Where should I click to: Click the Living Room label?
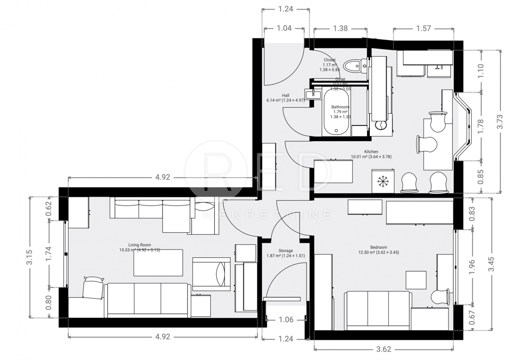point(139,245)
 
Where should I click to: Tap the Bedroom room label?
point(378,247)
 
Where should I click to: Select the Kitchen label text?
point(371,152)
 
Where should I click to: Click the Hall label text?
point(286,95)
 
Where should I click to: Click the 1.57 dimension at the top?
point(423,28)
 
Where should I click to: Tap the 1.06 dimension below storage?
point(286,319)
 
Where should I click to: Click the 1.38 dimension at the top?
point(341,28)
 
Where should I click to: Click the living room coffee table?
point(159,263)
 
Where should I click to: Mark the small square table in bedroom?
point(416,280)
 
